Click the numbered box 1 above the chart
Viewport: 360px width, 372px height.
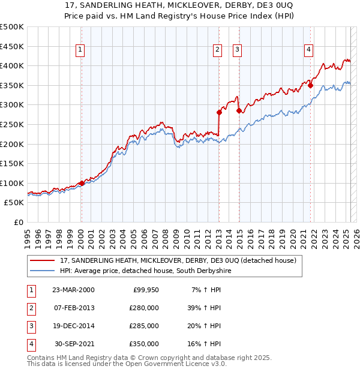pyautogui.click(x=80, y=50)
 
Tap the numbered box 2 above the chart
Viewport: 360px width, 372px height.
pyautogui.click(x=217, y=50)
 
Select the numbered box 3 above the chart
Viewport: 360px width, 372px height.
pyautogui.click(x=238, y=50)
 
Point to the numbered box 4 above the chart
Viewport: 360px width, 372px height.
pyautogui.click(x=308, y=50)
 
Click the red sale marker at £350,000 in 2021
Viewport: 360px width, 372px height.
pyautogui.click(x=311, y=85)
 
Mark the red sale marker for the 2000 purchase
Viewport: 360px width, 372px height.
pyautogui.click(x=82, y=183)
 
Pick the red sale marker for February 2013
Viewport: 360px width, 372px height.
pyautogui.click(x=219, y=112)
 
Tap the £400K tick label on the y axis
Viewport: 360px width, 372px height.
pyautogui.click(x=12, y=66)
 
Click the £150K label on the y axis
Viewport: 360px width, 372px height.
pyautogui.click(x=12, y=163)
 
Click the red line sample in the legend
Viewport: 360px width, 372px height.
pyautogui.click(x=43, y=261)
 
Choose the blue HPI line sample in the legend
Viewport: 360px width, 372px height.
pyautogui.click(x=43, y=271)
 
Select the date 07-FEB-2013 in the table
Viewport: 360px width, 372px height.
pyautogui.click(x=74, y=307)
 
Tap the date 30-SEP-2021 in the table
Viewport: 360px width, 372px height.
pyautogui.click(x=74, y=344)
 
